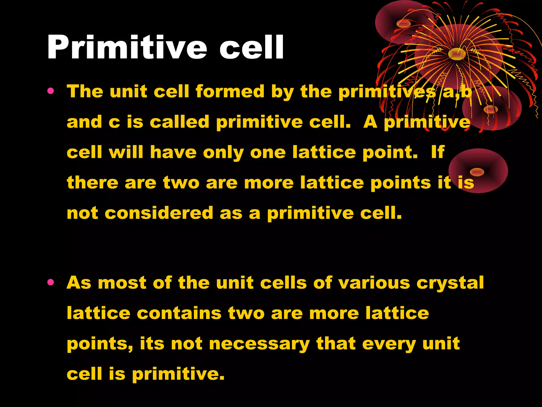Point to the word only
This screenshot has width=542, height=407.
click(223, 153)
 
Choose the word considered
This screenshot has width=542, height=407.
click(159, 213)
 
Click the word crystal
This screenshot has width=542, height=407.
click(450, 283)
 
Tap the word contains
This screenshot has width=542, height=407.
click(179, 313)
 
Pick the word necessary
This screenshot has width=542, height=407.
click(259, 344)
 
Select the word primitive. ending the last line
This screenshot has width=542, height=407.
click(178, 374)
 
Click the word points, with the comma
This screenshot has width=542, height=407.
click(100, 344)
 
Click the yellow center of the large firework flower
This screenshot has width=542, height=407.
click(457, 54)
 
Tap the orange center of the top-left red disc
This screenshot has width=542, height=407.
click(404, 24)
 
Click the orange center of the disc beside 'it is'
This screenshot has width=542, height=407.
click(477, 172)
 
